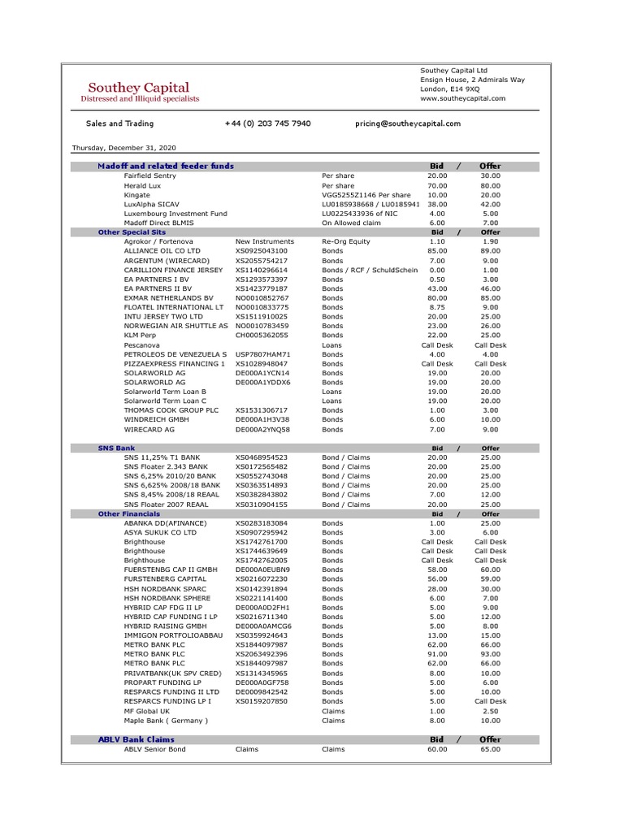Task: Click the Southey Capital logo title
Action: tap(139, 87)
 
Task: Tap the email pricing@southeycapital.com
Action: tap(408, 123)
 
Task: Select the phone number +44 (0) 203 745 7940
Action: tap(267, 123)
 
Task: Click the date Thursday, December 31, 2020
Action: tap(123, 148)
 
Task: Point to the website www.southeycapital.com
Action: tap(462, 98)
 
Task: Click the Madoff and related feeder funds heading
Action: tap(166, 166)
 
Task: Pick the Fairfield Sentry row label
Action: tap(149, 175)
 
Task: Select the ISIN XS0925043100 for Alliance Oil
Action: tap(262, 251)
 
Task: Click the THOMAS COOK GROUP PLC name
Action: tap(171, 410)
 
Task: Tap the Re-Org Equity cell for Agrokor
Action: tap(345, 241)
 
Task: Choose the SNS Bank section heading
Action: tap(116, 448)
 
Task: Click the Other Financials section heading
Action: tap(129, 513)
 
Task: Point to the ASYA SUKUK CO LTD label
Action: tap(160, 532)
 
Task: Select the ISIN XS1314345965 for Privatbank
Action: tap(262, 673)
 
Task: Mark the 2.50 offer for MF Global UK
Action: tap(490, 711)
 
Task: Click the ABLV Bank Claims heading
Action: tap(136, 739)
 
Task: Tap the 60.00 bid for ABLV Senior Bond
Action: tap(437, 749)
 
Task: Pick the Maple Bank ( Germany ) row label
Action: tap(166, 720)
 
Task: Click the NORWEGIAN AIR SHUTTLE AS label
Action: tap(175, 326)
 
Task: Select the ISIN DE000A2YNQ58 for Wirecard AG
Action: tap(262, 429)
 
